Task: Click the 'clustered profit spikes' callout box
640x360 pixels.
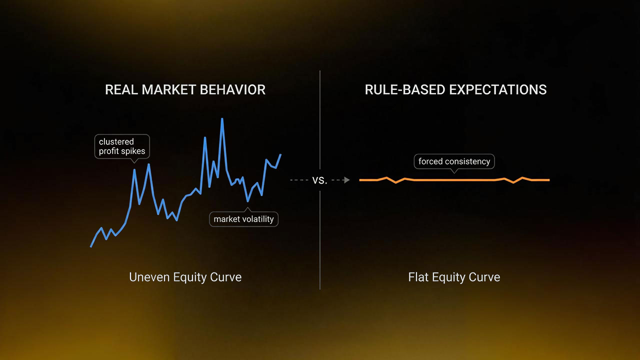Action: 121,146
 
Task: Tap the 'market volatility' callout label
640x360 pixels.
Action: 243,219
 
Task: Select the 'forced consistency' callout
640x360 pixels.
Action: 454,161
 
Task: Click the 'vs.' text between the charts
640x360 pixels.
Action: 319,180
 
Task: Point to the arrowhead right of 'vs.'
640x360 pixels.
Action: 347,180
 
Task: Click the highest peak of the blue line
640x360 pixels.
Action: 222,119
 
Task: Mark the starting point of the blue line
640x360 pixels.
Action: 90,246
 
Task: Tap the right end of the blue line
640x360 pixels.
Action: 280,154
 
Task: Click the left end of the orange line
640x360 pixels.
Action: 360,180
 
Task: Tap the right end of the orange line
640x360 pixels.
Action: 548,180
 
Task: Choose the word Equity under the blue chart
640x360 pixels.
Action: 190,277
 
